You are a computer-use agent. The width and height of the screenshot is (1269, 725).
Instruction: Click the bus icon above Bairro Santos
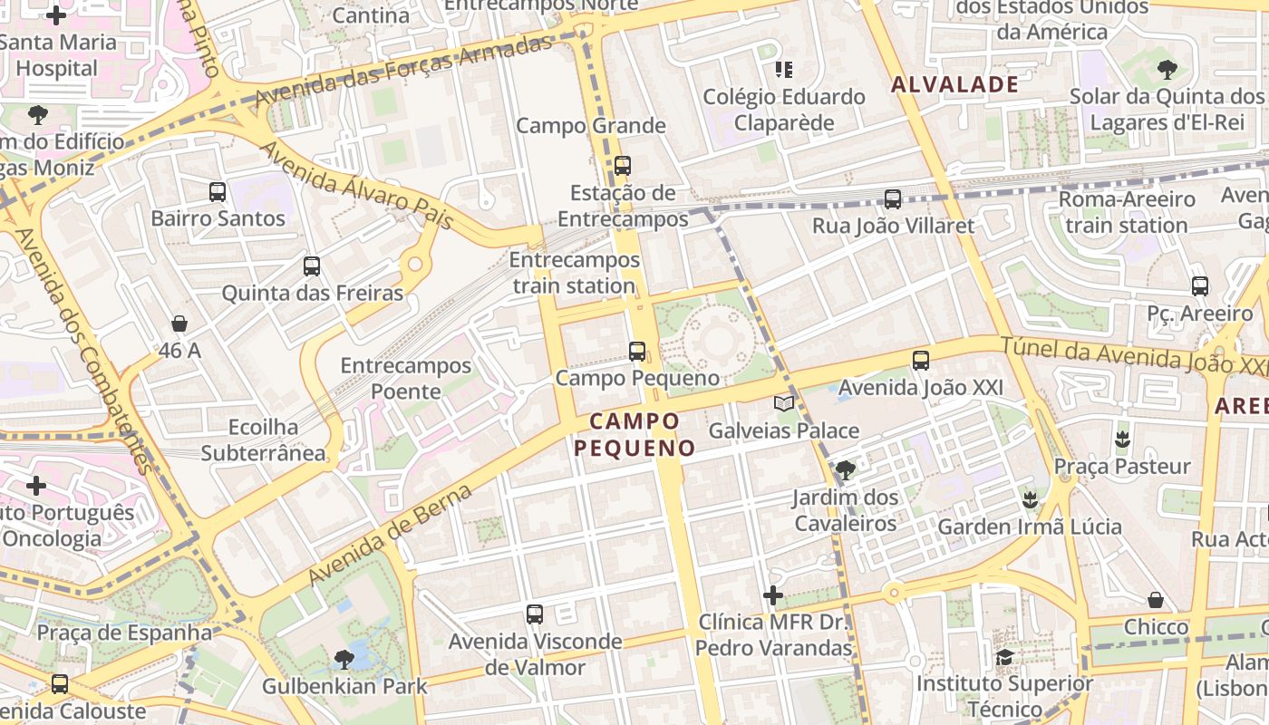pos(218,191)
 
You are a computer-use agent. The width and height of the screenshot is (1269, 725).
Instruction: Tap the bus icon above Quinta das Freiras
pos(312,266)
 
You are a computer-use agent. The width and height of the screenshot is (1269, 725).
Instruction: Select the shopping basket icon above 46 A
pos(179,324)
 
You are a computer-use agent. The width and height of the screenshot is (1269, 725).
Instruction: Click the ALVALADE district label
pos(955,85)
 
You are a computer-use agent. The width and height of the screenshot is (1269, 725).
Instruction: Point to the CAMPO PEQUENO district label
pos(634,434)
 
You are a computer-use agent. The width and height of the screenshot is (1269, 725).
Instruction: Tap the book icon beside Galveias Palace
pos(784,403)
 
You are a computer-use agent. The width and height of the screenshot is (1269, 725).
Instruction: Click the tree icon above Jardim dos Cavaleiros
pos(845,469)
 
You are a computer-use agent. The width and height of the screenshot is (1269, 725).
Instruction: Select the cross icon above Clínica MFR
pos(773,595)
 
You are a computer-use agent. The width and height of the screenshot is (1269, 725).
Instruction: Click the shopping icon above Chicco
pos(1156,600)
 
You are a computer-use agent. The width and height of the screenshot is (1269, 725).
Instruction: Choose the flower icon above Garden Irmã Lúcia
pos(1030,499)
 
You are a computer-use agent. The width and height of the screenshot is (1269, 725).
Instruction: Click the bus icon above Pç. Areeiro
pos(1200,286)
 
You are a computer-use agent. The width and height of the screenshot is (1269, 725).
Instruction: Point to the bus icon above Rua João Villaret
pos(893,198)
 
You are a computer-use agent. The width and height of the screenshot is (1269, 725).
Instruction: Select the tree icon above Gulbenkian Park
pos(344,659)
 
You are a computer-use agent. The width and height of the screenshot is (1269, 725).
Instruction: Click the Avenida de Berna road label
pos(391,535)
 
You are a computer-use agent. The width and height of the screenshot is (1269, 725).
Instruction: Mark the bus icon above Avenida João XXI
pos(921,361)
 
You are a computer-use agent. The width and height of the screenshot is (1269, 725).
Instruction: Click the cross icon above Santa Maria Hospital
pos(56,15)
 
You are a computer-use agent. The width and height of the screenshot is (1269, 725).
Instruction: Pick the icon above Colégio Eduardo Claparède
pos(784,69)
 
